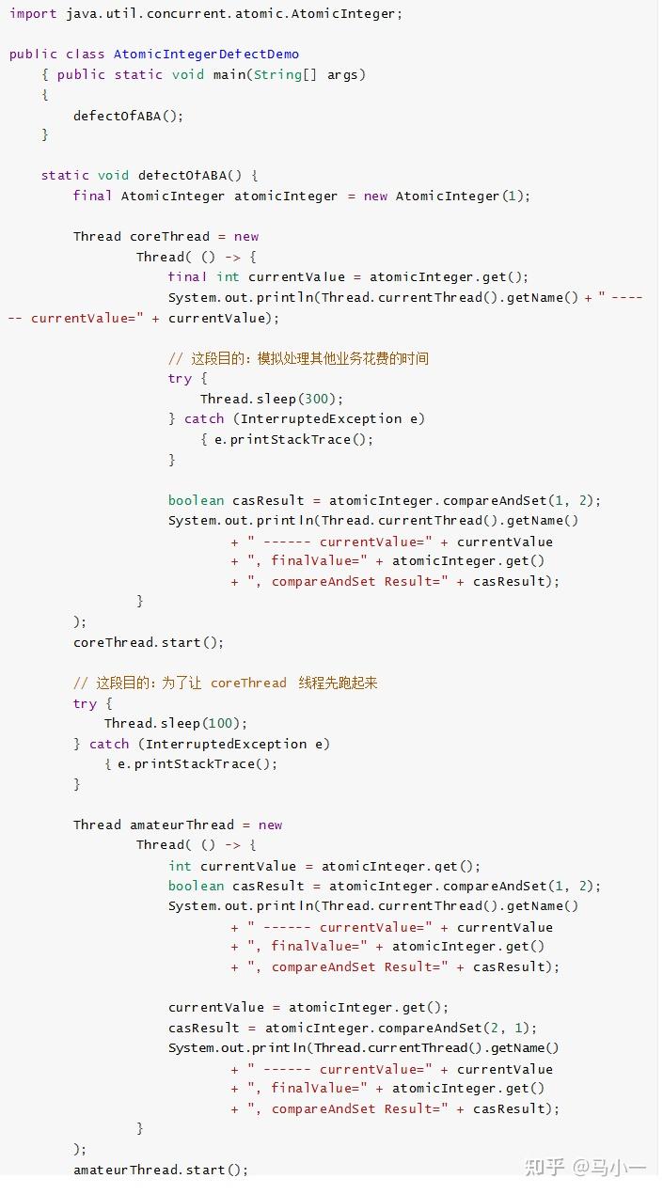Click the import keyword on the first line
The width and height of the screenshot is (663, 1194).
(x=34, y=14)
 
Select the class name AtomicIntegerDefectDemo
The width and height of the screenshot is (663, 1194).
(x=206, y=55)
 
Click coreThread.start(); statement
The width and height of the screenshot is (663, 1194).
(x=149, y=642)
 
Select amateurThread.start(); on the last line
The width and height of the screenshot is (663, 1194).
(x=161, y=1170)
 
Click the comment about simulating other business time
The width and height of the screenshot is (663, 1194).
(x=298, y=358)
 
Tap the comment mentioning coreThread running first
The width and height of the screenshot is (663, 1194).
(x=225, y=683)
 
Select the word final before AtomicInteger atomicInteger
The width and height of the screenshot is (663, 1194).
(x=92, y=196)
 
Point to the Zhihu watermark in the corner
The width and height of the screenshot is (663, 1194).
(x=585, y=1167)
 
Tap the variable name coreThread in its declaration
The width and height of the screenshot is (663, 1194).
(x=170, y=236)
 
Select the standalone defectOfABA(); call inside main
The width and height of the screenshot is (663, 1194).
(x=128, y=116)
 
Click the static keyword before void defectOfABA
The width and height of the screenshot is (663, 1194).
(x=65, y=175)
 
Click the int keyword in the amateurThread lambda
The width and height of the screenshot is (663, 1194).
(x=180, y=866)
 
